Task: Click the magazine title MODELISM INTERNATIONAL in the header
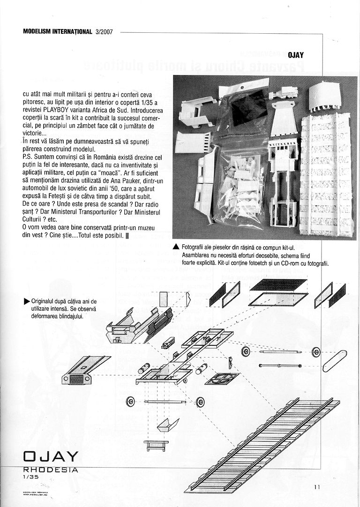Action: tap(57, 32)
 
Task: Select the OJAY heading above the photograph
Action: tap(295, 55)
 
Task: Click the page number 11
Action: tap(317, 487)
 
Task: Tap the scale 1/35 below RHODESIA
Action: tap(30, 477)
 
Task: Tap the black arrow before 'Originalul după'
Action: tap(27, 301)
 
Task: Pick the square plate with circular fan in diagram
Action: tap(221, 378)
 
